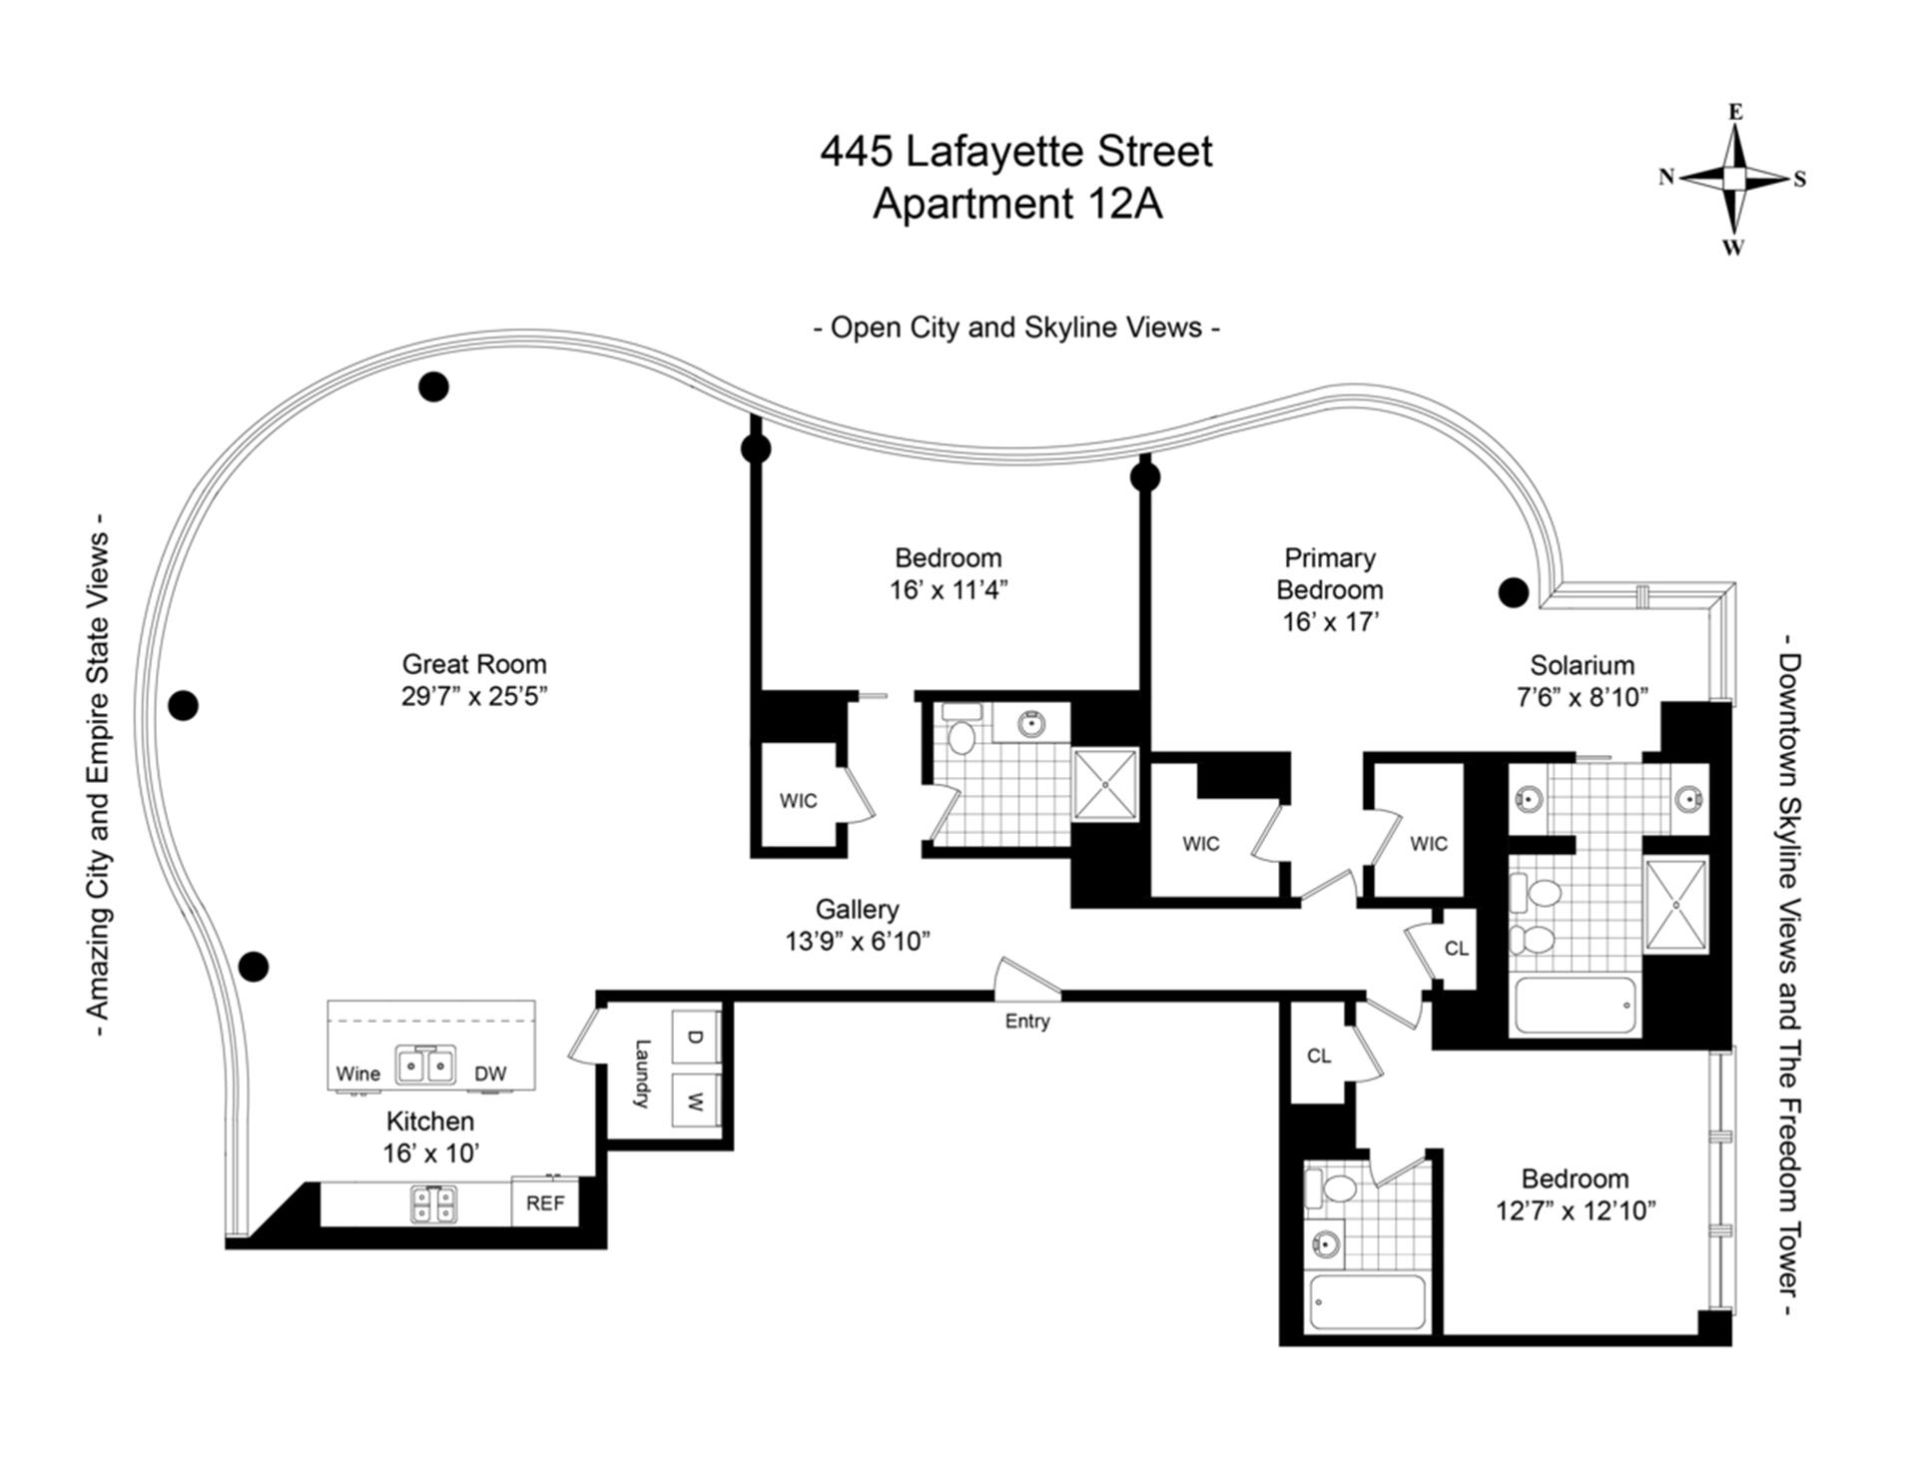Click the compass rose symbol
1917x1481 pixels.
[1734, 179]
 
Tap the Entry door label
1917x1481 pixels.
[1027, 1021]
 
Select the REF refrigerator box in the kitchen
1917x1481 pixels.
[544, 1203]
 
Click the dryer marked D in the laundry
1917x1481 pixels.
[695, 1038]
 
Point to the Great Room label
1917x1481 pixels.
[474, 664]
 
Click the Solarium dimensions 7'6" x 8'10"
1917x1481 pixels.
[1582, 697]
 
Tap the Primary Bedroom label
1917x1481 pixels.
[1329, 573]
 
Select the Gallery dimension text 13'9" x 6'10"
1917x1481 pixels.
[857, 941]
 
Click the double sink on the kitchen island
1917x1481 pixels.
[426, 1066]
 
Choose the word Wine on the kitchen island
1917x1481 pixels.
[357, 1074]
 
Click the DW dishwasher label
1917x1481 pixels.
[490, 1074]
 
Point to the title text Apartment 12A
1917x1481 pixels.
[1016, 204]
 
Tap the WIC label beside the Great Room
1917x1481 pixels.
[798, 801]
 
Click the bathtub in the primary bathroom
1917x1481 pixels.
[1576, 1005]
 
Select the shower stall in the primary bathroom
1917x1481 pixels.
[1676, 904]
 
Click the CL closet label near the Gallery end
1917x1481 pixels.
[1457, 948]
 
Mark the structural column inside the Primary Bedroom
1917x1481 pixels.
[1514, 592]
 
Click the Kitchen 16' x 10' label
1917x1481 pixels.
[430, 1137]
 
